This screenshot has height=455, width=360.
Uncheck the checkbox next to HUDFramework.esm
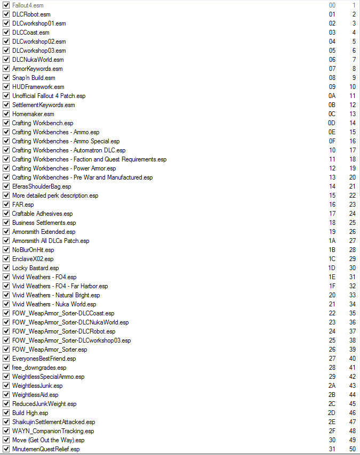point(6,87)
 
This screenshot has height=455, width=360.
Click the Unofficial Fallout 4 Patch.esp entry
point(49,96)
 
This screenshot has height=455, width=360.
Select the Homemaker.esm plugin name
point(33,114)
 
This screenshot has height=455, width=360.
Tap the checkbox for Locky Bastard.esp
point(6,268)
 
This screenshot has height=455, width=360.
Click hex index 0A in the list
point(332,96)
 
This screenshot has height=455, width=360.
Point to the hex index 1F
point(332,286)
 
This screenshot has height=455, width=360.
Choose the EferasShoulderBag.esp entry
point(41,186)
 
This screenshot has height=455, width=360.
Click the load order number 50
point(352,449)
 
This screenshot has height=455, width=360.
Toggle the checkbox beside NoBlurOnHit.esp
point(6,250)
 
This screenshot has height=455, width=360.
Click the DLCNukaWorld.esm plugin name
point(38,60)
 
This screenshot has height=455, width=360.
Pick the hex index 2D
point(332,413)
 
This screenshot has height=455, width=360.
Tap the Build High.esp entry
point(30,413)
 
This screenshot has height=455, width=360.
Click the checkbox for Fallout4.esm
point(6,5)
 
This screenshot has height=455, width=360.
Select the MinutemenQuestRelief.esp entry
point(46,449)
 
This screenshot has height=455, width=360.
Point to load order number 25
point(352,223)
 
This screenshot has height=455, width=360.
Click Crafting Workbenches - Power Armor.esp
point(63,168)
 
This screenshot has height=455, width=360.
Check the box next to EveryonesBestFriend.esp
point(6,359)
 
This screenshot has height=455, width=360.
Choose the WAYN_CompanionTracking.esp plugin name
point(53,431)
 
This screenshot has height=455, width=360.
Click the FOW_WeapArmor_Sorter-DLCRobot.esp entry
point(63,331)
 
